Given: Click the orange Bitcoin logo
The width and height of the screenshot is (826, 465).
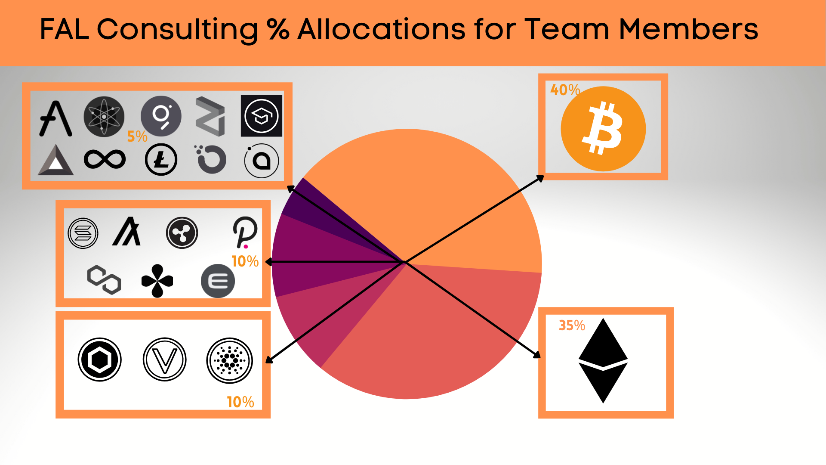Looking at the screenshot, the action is pos(603,129).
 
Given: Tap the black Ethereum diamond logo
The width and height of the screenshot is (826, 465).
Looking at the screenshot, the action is pos(603,361).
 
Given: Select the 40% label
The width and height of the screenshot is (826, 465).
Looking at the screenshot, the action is pos(565,90).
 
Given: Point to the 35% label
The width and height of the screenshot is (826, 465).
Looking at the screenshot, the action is pos(572,325).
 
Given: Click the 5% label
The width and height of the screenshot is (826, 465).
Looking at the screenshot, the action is pos(137,136).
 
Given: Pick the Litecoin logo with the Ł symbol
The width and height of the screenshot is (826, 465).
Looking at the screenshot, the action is pos(161,160).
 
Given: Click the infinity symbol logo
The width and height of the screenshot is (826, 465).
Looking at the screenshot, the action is pos(105,159).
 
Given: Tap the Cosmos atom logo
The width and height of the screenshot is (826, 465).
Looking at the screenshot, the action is pos(104,117).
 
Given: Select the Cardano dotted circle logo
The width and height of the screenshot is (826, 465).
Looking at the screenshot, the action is pos(229,360).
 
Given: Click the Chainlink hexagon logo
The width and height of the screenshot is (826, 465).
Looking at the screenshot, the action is pos(100,360).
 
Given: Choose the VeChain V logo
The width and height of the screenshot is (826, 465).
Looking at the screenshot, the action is pos(165,360).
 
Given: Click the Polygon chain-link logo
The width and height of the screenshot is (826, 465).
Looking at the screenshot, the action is pos(104,280).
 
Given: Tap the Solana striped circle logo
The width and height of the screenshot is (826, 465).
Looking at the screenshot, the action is pos(83,233).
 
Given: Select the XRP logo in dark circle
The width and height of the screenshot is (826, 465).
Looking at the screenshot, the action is pos(182,233).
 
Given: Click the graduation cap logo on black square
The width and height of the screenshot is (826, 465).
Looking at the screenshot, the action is pos(261,116).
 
